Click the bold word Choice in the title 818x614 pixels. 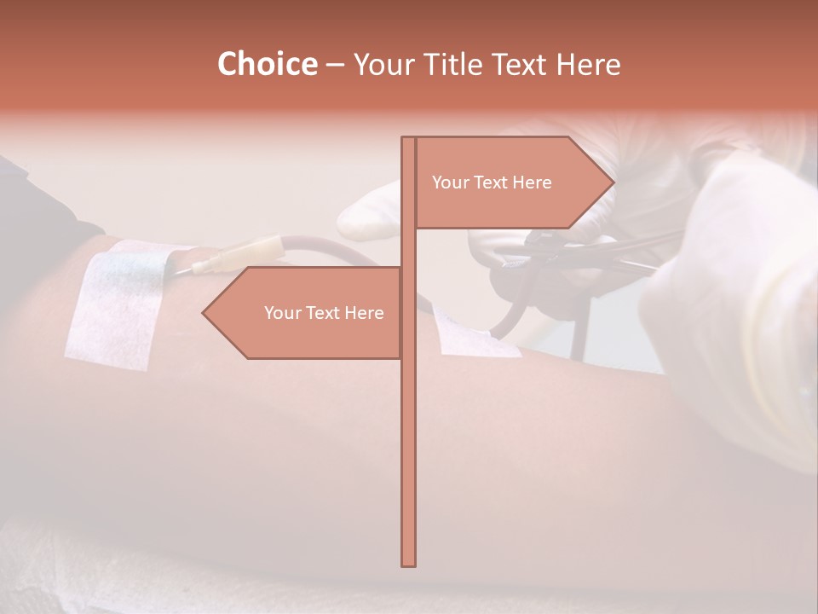pos(267,64)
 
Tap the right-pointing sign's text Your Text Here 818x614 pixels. pos(492,182)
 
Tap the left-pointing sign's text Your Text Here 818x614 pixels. pos(324,313)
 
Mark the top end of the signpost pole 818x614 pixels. pos(408,139)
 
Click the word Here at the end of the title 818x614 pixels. pos(589,64)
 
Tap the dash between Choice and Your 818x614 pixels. pos(335,64)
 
